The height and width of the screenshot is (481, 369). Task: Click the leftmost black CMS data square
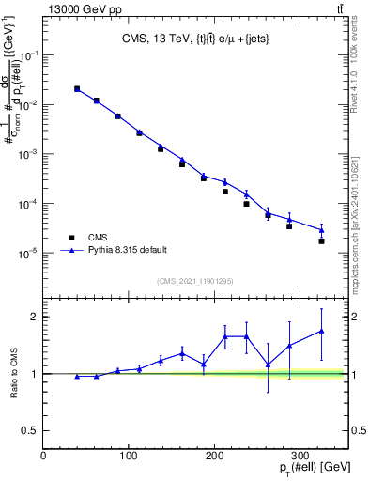click(x=77, y=89)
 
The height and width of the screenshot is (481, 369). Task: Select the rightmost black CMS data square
click(x=321, y=241)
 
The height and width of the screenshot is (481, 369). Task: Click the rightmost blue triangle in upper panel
click(x=321, y=230)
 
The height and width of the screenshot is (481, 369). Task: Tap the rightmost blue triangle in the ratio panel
click(x=321, y=331)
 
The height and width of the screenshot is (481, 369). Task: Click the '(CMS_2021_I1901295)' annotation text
click(x=195, y=281)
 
